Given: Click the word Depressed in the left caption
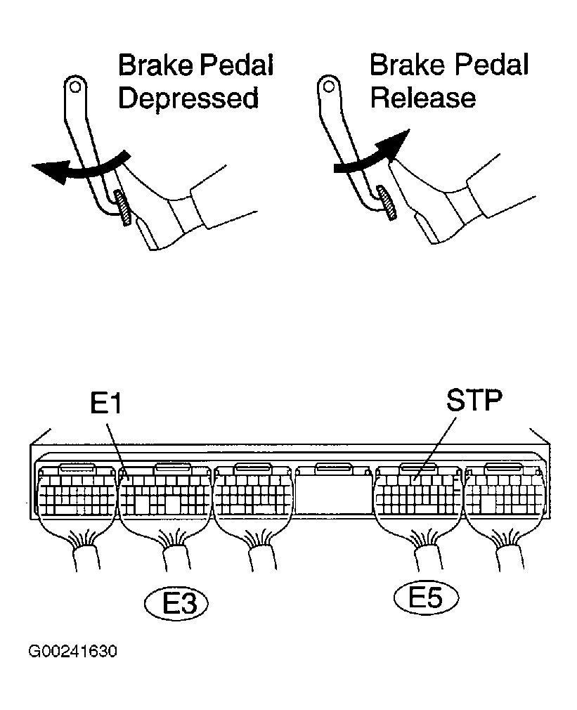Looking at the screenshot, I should [x=188, y=98].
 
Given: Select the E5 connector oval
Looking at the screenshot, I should [x=425, y=598].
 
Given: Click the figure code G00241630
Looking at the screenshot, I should [x=72, y=652].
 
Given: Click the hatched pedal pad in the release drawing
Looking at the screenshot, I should [x=386, y=202].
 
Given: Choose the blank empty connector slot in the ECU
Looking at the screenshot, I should [x=332, y=492].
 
